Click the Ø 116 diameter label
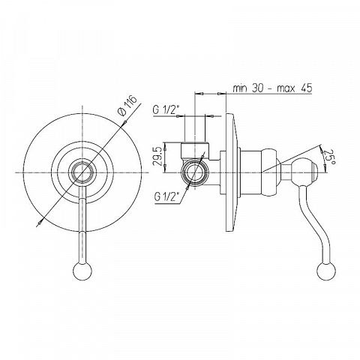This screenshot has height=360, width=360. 128,106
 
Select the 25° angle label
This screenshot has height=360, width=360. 328,157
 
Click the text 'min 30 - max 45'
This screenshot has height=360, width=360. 272,88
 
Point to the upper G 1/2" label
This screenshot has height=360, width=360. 166,109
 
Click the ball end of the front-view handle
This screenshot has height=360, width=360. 82,270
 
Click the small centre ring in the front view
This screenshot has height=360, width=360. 82,172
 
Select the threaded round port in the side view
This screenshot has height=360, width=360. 194,172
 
